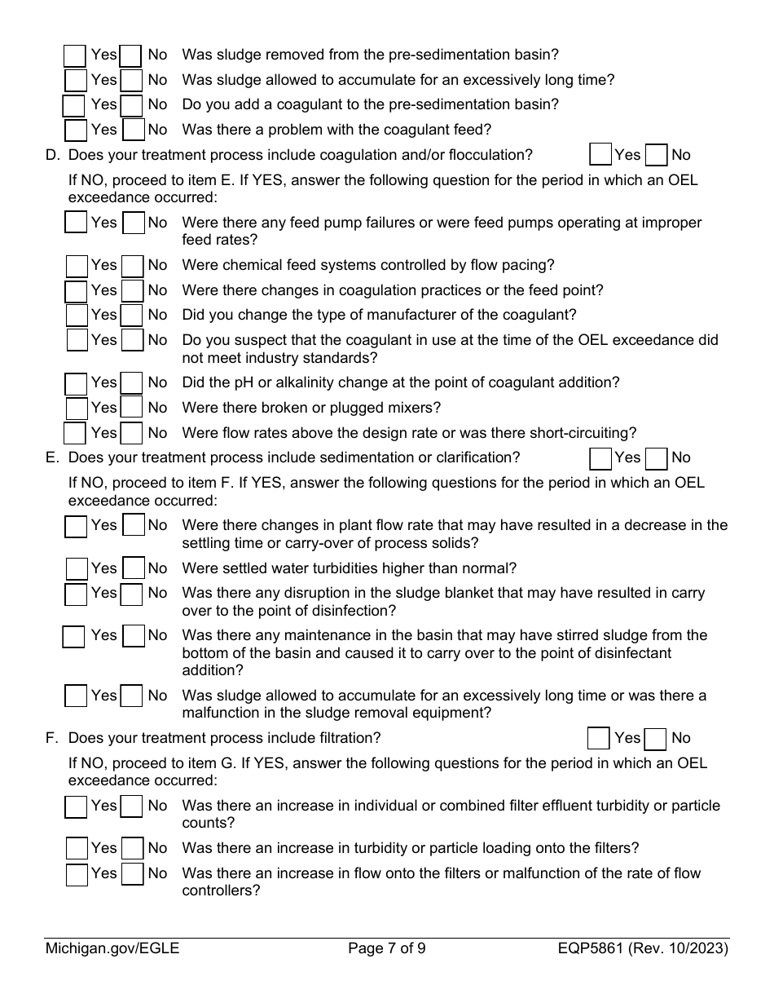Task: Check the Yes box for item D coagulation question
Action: click(600, 155)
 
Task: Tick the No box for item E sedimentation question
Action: click(656, 458)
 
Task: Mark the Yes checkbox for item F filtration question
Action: click(599, 739)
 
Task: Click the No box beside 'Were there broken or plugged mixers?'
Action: click(132, 408)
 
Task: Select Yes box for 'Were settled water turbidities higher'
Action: click(77, 569)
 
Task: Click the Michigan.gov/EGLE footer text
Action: click(112, 948)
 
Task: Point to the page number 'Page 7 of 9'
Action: click(386, 948)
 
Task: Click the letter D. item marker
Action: click(53, 155)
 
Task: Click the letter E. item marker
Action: click(53, 458)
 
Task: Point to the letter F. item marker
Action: click(53, 739)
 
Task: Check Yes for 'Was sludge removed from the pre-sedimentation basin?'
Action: click(75, 55)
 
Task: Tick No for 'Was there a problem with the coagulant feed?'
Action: click(134, 130)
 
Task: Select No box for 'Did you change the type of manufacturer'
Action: click(132, 316)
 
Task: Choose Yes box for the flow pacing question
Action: click(77, 266)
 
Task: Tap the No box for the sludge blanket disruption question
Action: click(131, 594)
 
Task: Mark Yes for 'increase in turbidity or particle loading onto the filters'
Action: click(77, 849)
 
